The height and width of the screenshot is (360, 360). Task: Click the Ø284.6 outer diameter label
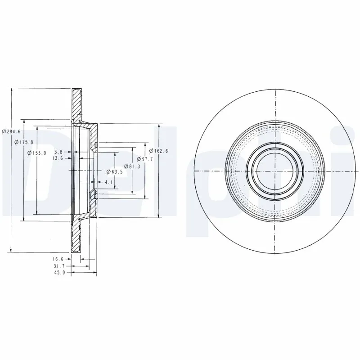pos(11,131)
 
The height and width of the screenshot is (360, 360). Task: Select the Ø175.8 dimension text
pos(24,142)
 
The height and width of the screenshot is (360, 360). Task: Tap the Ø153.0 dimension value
pos(37,153)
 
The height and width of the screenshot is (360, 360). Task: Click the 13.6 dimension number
pos(58,158)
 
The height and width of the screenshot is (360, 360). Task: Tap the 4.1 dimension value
pos(108,182)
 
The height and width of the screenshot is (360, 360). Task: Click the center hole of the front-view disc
pos(274,171)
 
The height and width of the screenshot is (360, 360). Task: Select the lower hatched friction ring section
pos(76,236)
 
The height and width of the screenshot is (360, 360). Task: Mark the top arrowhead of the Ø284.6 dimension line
pos(11,90)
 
